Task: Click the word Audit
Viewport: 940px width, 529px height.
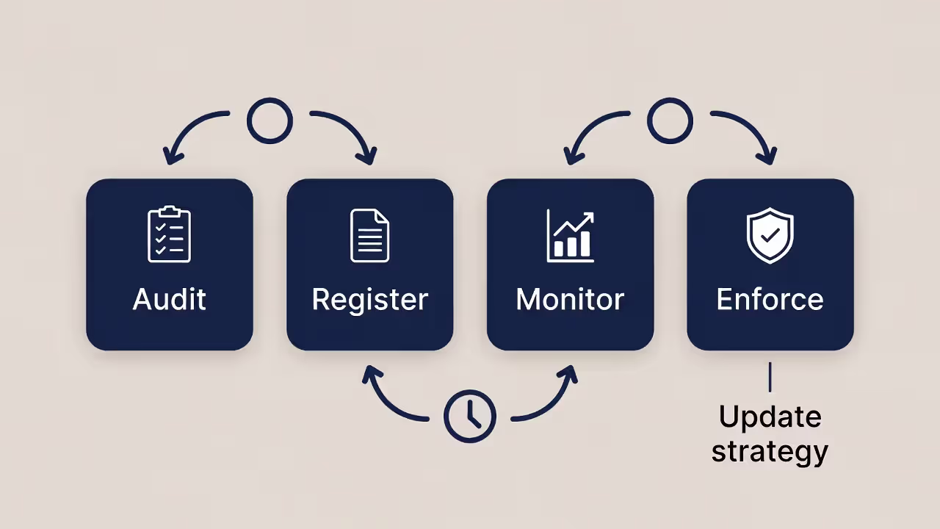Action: pyautogui.click(x=170, y=299)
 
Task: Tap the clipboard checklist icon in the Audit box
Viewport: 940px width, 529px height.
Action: pyautogui.click(x=170, y=234)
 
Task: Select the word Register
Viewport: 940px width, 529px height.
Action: pyautogui.click(x=369, y=300)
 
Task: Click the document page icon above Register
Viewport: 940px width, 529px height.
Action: pyautogui.click(x=369, y=235)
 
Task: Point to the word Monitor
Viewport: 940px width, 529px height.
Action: pyautogui.click(x=570, y=299)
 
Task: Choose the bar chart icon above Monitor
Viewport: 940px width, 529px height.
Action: pyautogui.click(x=570, y=236)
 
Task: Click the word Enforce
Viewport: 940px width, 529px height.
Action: pyautogui.click(x=770, y=299)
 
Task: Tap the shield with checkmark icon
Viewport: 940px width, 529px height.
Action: pyautogui.click(x=770, y=235)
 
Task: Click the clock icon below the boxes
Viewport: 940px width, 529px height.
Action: pyautogui.click(x=470, y=417)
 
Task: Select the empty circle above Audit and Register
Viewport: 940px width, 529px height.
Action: pyautogui.click(x=270, y=121)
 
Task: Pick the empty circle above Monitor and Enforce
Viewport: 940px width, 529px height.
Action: pyautogui.click(x=670, y=121)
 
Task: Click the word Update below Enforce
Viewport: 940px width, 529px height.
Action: pyautogui.click(x=770, y=417)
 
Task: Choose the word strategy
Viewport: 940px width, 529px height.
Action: pyautogui.click(x=770, y=451)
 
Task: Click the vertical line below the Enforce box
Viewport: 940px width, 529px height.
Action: pyautogui.click(x=770, y=377)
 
